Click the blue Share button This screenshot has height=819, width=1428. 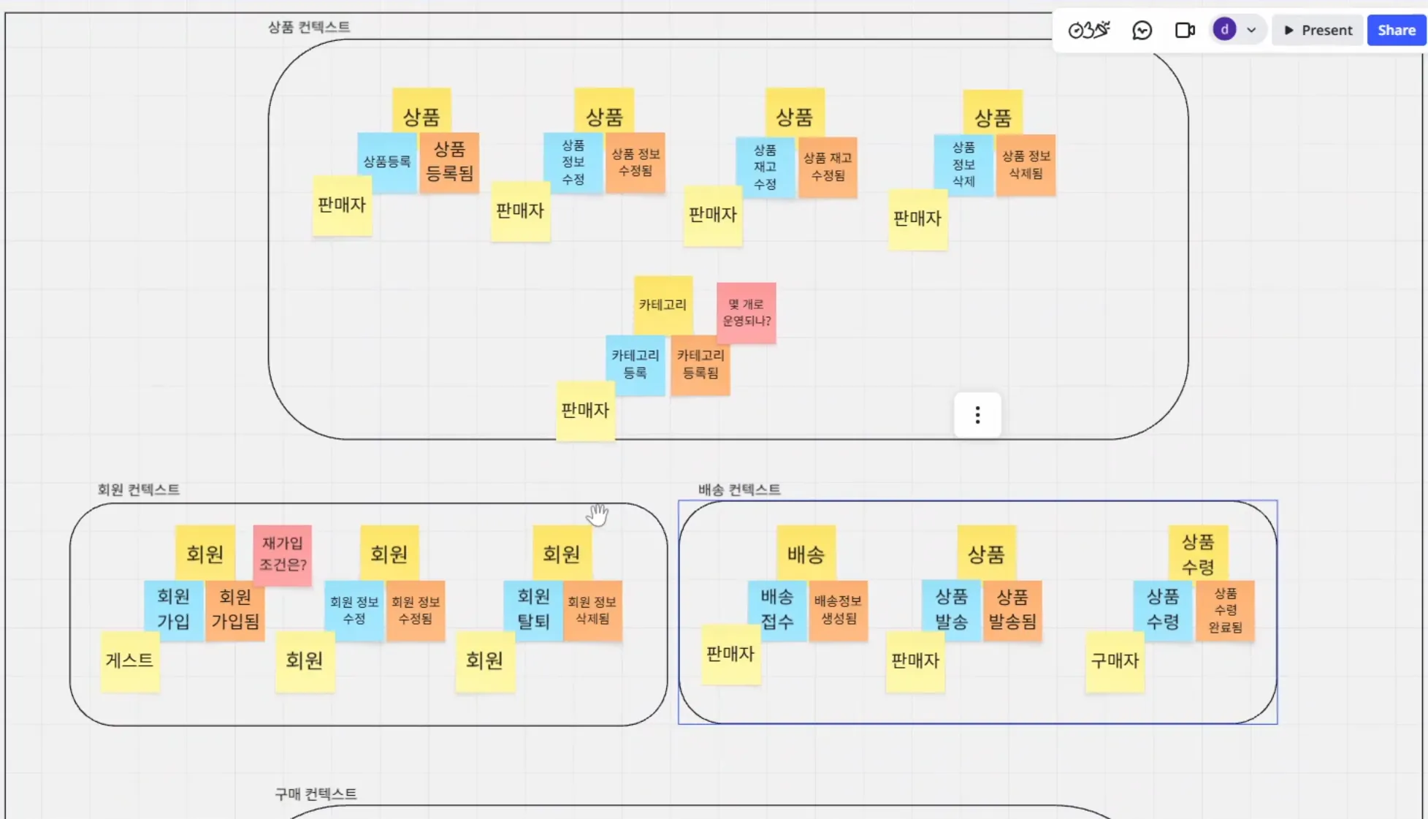(1396, 30)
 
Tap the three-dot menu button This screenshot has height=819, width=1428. (977, 415)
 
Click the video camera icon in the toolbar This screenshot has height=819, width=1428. (1184, 30)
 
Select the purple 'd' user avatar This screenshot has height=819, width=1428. (1224, 30)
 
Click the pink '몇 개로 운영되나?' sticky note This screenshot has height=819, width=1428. (746, 313)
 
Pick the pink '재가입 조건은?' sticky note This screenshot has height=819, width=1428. (283, 554)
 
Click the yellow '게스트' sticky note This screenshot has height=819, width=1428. (129, 660)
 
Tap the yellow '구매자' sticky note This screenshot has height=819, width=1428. (1115, 661)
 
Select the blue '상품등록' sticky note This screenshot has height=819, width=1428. (386, 162)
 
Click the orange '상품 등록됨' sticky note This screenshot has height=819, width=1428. (449, 161)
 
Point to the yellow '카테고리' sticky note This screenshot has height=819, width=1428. (663, 304)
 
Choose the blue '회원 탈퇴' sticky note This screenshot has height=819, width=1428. (532, 609)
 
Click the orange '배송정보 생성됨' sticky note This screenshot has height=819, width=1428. (838, 609)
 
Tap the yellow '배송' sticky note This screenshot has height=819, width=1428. (806, 554)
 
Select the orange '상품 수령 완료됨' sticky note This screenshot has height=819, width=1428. (1225, 610)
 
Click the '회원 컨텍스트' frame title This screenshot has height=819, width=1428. (138, 490)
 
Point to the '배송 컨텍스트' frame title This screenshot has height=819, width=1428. (739, 490)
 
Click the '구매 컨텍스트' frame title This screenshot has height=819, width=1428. (316, 793)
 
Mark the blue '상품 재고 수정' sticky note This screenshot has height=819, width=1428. (765, 167)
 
